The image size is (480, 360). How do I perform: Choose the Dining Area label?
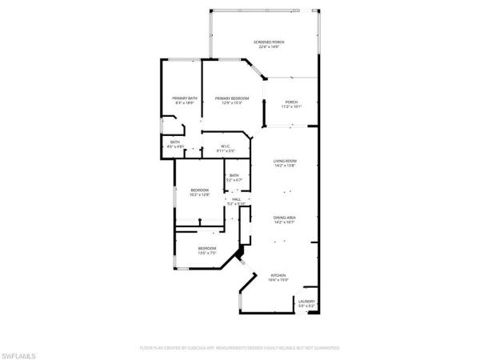[285, 218]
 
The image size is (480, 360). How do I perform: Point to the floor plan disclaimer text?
[240, 349]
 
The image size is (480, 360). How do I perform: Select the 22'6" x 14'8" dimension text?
[269, 47]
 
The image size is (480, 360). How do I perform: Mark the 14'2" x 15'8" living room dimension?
[285, 166]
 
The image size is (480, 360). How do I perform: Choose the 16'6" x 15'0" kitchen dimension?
[278, 279]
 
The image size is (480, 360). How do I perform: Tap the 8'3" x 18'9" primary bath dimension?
[184, 103]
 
